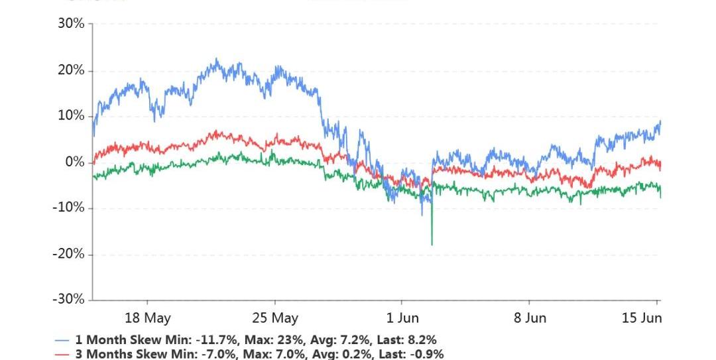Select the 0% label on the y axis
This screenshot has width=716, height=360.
75,162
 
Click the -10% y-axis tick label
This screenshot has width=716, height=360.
69,208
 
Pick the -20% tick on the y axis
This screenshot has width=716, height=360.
69,254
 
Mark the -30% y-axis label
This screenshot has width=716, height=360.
69,300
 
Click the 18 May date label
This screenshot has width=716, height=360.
147,318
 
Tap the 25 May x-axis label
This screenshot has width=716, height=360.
275,318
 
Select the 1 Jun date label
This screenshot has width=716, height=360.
403,318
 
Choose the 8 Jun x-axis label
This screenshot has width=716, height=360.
530,318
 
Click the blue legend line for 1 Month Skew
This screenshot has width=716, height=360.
62,341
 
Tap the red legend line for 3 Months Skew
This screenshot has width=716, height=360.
62,355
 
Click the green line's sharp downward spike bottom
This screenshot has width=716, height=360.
432,244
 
